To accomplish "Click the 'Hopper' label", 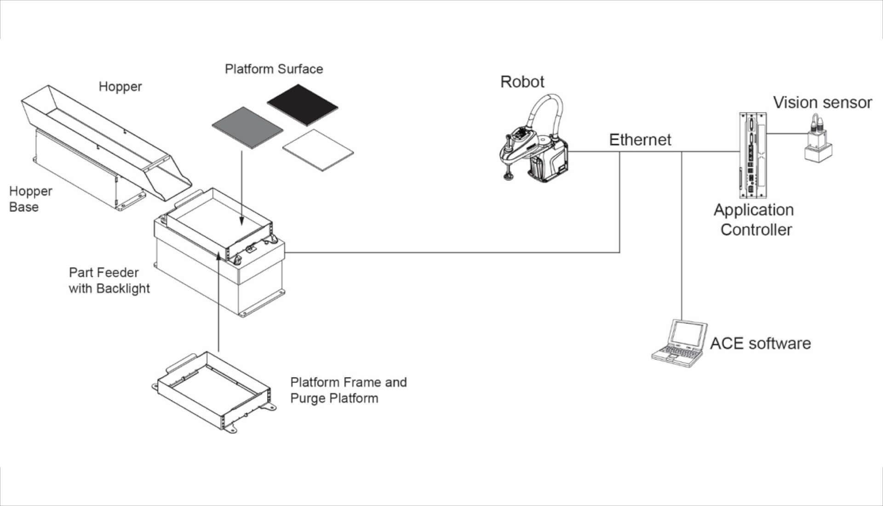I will click(120, 86).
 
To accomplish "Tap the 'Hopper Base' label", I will click(30, 199).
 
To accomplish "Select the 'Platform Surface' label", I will click(274, 69).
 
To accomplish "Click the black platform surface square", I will click(302, 105).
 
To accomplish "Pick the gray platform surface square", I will click(247, 128).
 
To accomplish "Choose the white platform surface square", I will click(318, 149).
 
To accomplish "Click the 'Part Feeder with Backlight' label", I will click(109, 280).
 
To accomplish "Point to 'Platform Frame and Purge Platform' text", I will click(348, 390).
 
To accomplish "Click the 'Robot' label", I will click(522, 82).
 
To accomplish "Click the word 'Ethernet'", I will click(640, 140).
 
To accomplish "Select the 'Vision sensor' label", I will click(822, 103).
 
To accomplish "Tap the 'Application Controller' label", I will click(754, 219).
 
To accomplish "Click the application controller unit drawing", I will click(752, 155).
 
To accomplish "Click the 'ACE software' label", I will click(760, 344).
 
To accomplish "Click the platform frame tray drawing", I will click(214, 391).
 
